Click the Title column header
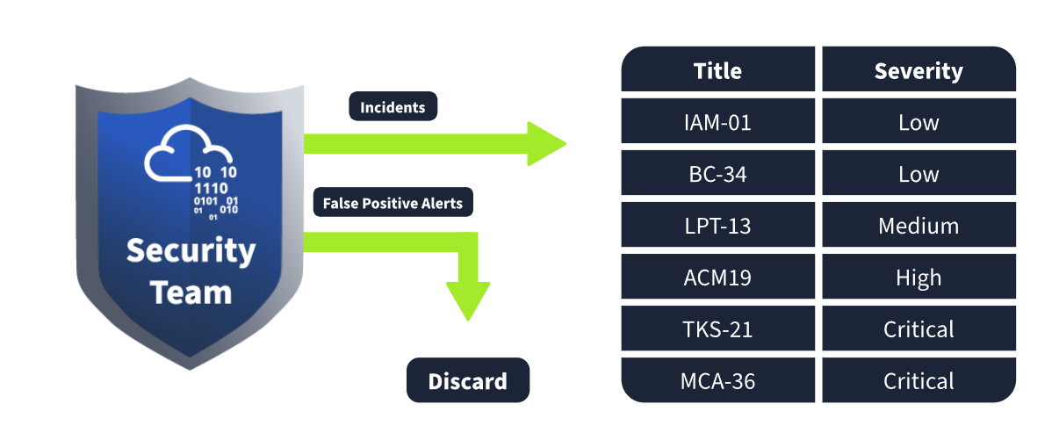pos(717,69)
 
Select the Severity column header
pos(919,69)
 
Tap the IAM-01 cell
pos(717,121)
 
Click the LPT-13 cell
pos(717,225)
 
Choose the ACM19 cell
pos(717,277)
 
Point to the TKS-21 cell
pos(717,328)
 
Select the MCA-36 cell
pos(717,380)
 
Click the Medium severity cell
pos(919,225)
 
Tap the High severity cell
pos(919,277)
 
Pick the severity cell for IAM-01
pos(919,121)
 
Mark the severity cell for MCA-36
pos(919,380)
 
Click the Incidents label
pos(393,106)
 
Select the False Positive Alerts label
pos(393,202)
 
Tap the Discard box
pos(468,380)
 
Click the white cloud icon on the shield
pos(188,153)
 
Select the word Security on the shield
pos(191,250)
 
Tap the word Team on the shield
pos(191,292)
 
